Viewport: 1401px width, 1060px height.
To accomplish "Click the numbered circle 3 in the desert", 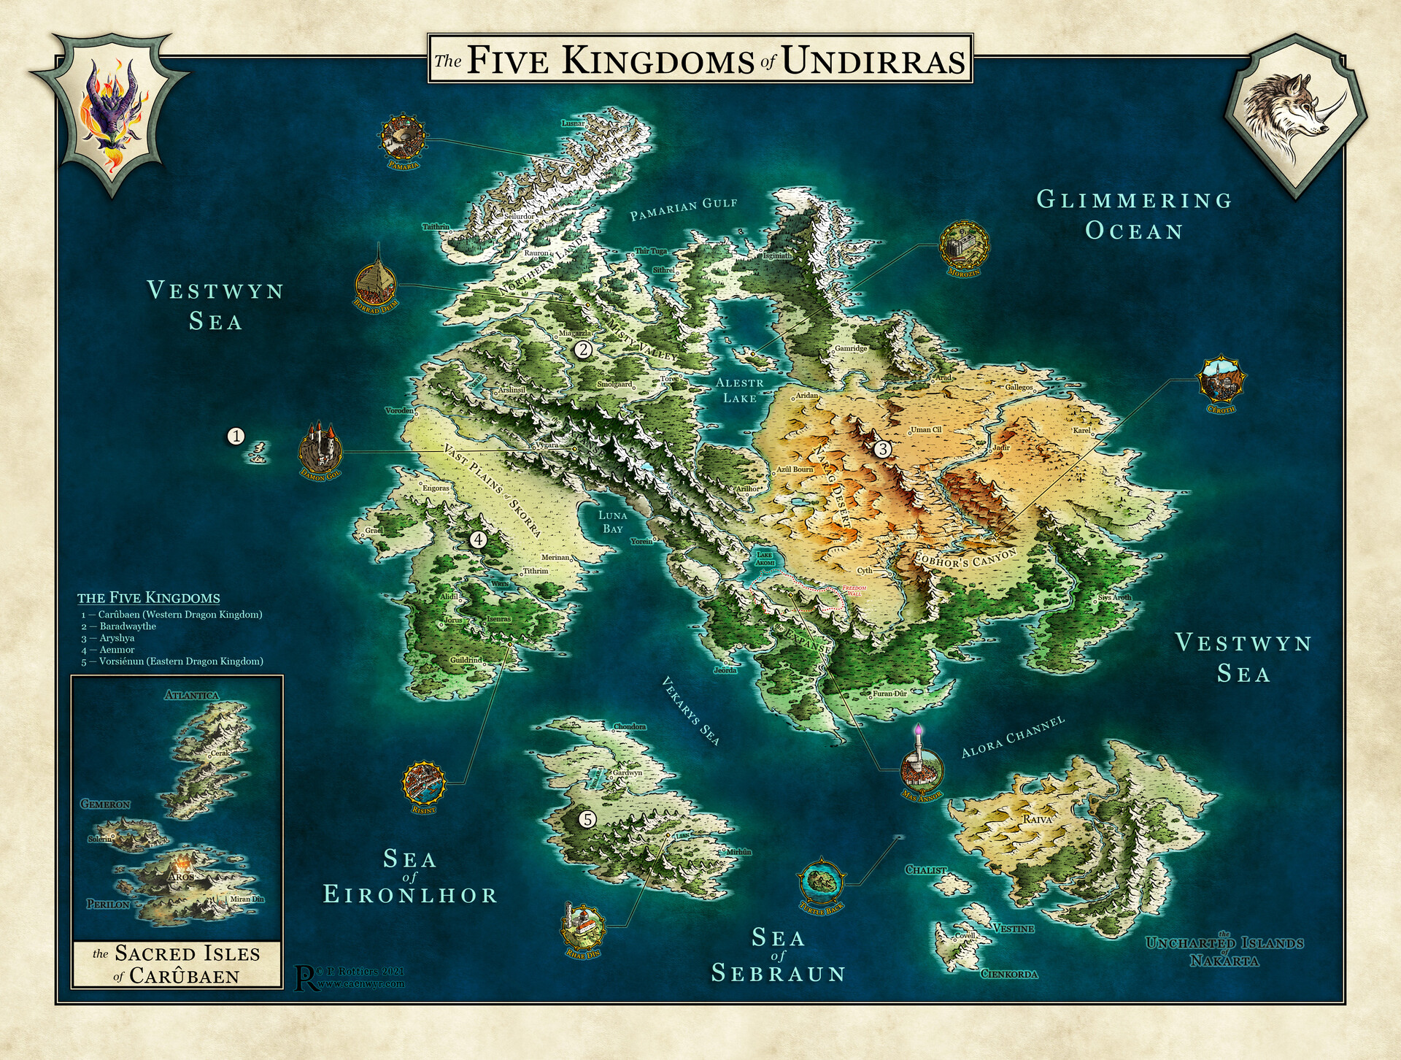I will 882,449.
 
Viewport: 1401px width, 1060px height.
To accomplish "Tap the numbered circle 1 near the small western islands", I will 236,436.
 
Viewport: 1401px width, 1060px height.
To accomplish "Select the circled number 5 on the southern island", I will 587,819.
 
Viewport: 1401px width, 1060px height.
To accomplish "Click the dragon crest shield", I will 111,114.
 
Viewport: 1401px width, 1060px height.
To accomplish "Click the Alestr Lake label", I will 739,391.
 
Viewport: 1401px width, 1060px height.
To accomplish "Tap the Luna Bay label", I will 612,522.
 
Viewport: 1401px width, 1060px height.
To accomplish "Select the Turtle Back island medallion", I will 822,881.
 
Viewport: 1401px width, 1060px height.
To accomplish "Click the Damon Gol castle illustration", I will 320,447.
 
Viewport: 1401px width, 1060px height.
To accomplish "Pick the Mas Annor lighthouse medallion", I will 921,769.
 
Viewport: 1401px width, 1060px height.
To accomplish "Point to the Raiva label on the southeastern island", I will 1037,819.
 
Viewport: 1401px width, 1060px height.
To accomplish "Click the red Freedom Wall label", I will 853,590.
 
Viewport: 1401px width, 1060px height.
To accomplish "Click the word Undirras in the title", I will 873,61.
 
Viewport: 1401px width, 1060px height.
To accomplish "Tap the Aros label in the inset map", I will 181,877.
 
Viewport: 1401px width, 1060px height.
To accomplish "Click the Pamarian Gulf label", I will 684,209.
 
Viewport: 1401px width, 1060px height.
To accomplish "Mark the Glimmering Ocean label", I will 1134,215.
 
